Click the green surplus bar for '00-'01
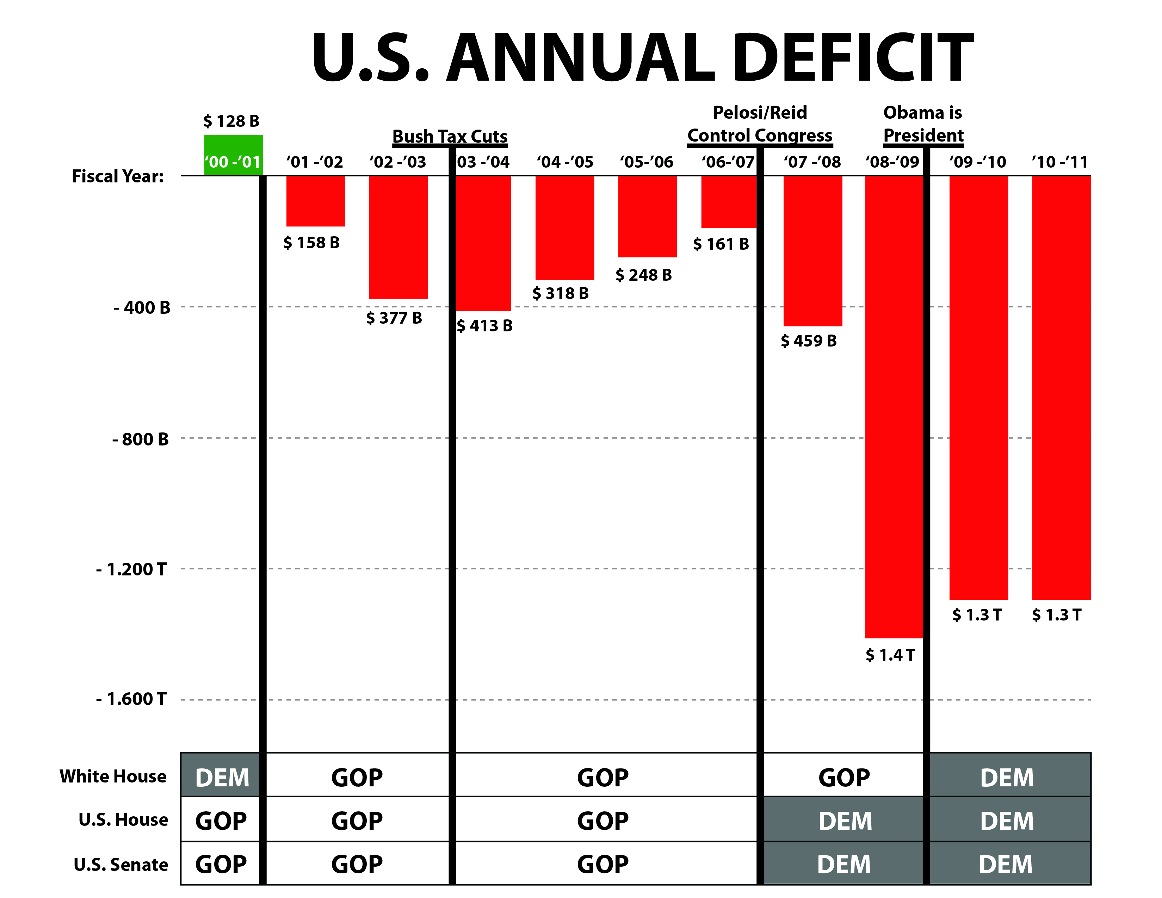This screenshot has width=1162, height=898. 233,155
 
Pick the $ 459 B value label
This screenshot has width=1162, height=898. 808,341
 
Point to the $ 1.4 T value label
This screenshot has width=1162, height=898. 890,655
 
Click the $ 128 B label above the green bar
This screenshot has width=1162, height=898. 231,121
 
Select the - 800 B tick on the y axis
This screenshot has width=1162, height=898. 141,439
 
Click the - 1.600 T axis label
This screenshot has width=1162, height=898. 131,699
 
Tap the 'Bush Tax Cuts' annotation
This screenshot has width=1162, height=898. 450,137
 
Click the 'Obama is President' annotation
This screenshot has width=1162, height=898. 923,124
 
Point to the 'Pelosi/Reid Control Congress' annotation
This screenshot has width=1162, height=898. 760,124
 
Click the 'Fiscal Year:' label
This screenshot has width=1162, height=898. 118,176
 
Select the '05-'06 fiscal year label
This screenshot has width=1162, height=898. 647,162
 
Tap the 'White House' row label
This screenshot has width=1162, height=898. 113,776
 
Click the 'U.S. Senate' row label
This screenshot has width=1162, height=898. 121,865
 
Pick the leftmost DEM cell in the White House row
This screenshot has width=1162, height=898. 222,777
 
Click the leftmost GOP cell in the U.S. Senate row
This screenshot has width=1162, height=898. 221,864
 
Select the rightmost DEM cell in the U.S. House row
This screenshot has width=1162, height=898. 1007,821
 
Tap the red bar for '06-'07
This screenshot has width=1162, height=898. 728,201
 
